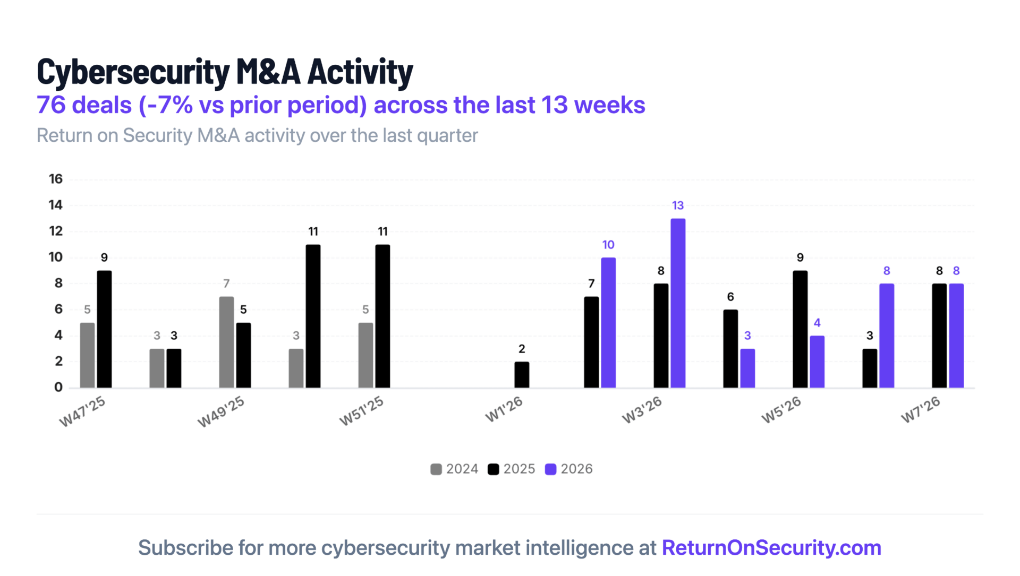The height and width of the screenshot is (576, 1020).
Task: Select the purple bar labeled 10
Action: coord(608,322)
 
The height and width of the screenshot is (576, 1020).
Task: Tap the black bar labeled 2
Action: coord(522,374)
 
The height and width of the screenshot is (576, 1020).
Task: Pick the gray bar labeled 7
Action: coord(226,342)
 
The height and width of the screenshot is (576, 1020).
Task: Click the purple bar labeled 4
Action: coord(817,362)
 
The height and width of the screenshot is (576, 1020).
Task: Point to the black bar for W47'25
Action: coord(104,329)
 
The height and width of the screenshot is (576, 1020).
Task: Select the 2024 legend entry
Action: coord(455,469)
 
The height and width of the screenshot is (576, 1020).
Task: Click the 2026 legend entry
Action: coord(569,469)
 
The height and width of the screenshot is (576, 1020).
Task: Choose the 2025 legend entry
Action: coord(512,469)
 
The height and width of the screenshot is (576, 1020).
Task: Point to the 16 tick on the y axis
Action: coord(56,179)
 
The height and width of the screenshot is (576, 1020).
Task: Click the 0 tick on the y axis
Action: coord(58,388)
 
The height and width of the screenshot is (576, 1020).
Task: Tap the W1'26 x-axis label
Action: coord(504,410)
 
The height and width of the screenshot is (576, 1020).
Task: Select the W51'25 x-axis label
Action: coord(361,411)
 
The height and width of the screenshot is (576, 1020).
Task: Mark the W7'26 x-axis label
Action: coord(921,410)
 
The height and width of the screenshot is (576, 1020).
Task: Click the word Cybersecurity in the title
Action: coord(133,72)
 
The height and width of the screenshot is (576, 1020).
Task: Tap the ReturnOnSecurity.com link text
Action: coord(771,548)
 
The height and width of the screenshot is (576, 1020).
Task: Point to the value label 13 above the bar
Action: coord(678,205)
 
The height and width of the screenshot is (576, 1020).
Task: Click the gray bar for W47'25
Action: coord(87,355)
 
